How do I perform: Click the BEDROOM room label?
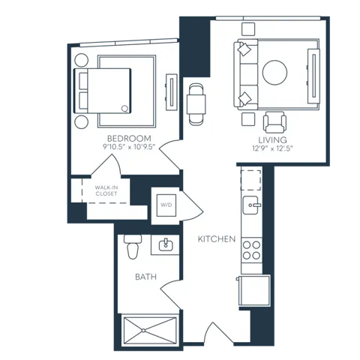(x=129, y=139)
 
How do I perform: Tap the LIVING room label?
(x=272, y=139)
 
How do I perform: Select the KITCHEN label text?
(x=217, y=239)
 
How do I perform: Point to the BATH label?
(x=145, y=277)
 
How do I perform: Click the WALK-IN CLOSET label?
(x=106, y=190)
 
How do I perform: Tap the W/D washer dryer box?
(x=166, y=205)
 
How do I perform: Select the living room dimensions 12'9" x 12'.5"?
(x=272, y=148)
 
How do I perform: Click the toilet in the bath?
(x=133, y=247)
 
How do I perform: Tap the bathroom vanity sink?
(x=166, y=244)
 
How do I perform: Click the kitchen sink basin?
(x=251, y=205)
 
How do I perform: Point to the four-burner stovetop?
(x=251, y=250)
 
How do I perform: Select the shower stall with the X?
(x=149, y=331)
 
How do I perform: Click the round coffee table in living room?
(x=274, y=73)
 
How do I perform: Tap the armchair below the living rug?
(x=274, y=122)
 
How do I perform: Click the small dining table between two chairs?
(x=196, y=104)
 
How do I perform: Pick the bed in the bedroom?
(x=103, y=91)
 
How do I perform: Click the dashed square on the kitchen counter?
(x=251, y=180)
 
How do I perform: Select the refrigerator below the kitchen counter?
(x=254, y=290)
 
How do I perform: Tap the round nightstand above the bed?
(x=82, y=60)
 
